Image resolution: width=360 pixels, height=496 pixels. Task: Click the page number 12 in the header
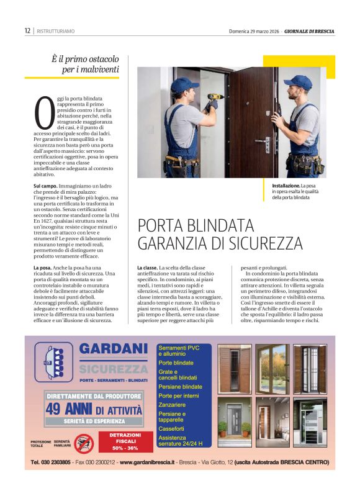tap(27, 30)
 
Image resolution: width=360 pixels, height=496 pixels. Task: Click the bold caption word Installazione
tap(286, 186)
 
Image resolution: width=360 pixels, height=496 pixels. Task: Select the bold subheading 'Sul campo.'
tap(45, 186)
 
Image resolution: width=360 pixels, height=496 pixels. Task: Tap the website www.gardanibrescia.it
tap(148, 462)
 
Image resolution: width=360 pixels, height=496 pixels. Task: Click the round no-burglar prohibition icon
tap(84, 443)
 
